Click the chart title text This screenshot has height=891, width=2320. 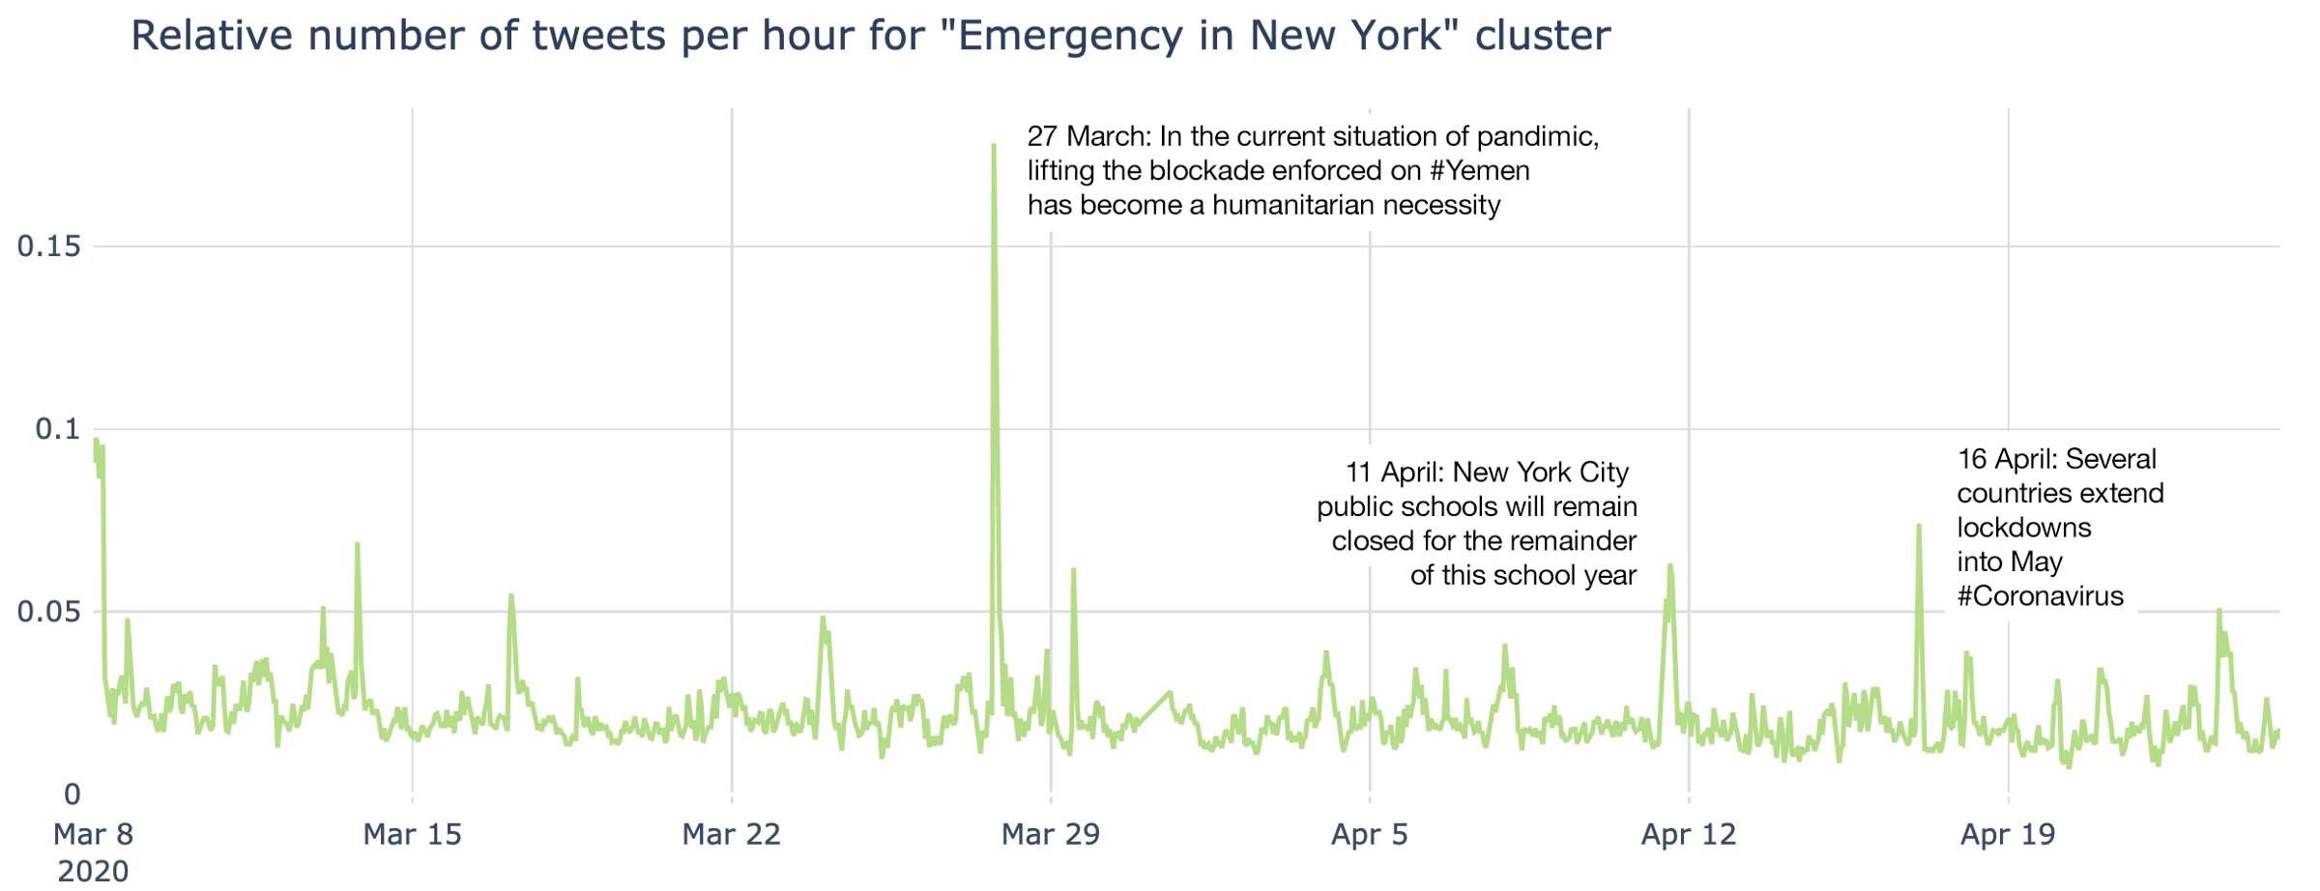(870, 36)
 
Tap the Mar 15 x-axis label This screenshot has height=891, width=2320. (412, 833)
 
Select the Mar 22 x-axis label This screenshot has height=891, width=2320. (731, 833)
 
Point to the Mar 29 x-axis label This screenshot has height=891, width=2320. (1050, 833)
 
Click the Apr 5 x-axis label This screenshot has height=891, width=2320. (1369, 833)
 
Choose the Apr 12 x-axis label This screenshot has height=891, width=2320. (1688, 833)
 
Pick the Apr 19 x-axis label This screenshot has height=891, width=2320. (2007, 833)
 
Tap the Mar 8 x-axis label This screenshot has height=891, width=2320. (93, 833)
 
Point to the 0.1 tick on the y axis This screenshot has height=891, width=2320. (58, 429)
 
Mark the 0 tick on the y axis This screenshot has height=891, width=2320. (72, 794)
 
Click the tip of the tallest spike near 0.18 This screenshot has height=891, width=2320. (993, 145)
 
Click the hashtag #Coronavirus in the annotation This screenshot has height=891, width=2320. (2040, 596)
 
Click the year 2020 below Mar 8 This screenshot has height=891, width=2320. (93, 871)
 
